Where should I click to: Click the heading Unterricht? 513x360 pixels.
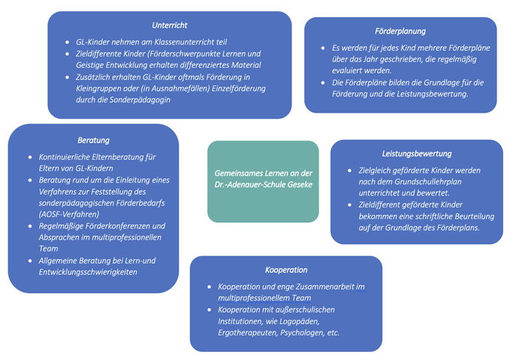click(170, 26)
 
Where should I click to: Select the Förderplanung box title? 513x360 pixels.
click(400, 31)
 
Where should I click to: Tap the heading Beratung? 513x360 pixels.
click(94, 141)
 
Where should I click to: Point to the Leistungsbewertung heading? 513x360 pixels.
click(417, 154)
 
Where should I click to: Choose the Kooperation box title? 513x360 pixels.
click(286, 270)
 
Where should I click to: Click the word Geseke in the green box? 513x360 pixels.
click(300, 185)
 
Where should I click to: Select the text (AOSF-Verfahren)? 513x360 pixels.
click(69, 214)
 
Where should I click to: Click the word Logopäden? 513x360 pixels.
click(299, 322)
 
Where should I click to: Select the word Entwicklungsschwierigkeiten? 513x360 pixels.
click(88, 272)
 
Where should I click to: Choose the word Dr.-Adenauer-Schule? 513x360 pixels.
click(250, 185)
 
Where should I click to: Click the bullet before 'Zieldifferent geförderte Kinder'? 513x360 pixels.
click(350, 205)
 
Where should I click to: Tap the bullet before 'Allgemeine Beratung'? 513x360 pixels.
click(30, 261)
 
